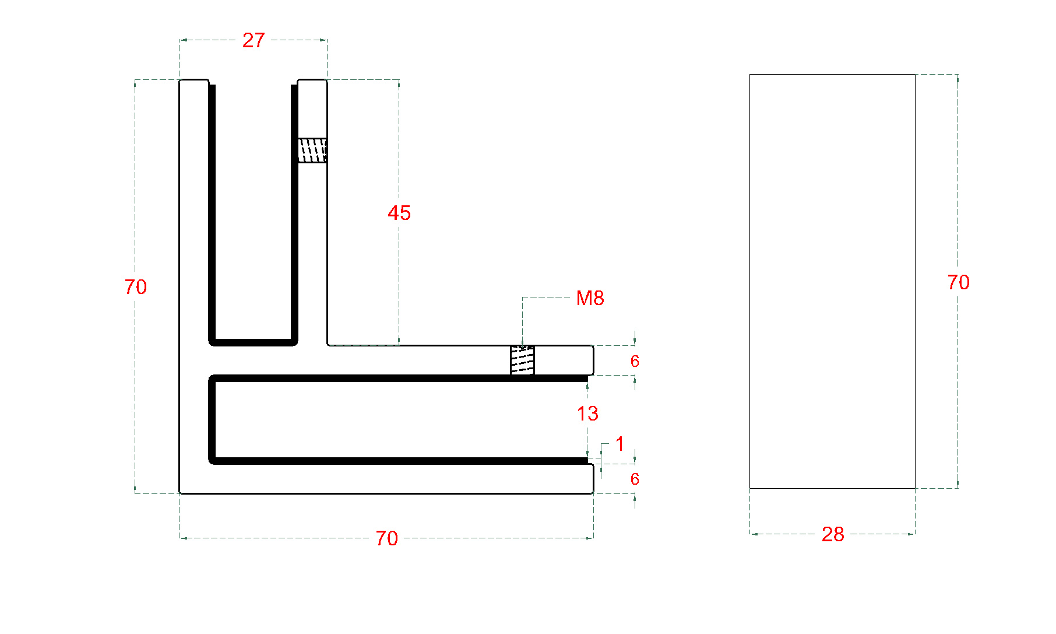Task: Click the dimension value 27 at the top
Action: coord(254,40)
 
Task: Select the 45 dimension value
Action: coord(399,213)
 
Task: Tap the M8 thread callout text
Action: coord(590,298)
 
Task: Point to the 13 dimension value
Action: coord(587,414)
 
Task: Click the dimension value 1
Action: coord(619,444)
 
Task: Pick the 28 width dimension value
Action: coord(833,534)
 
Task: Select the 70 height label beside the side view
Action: coord(958,282)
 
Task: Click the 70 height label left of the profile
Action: coord(136,287)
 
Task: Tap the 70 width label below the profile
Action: coord(386,538)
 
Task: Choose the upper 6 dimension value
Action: coord(635,362)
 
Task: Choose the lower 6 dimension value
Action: coord(635,479)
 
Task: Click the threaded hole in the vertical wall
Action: coord(312,150)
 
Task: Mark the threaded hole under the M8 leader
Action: coord(522,360)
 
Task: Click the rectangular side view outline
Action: coord(749,281)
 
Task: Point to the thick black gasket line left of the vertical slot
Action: coord(212,213)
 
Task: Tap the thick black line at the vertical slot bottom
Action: coord(254,342)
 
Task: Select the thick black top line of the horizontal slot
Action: coord(399,379)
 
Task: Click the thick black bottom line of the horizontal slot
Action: coord(399,461)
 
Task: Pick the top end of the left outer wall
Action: coord(194,80)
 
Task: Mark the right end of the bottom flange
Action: coord(593,479)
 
